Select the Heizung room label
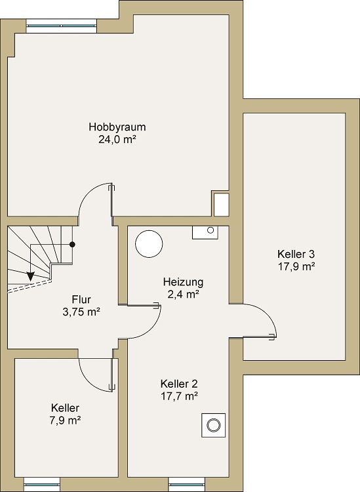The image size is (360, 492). [x=183, y=282]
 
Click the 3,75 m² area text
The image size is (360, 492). [x=81, y=312]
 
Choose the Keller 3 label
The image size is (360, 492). [x=296, y=254]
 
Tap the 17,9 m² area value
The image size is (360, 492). [x=296, y=266]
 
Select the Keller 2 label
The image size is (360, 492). [x=179, y=384]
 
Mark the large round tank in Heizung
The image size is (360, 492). [x=149, y=244]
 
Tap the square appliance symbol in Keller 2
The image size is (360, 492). [x=212, y=425]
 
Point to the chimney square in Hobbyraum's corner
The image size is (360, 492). [x=221, y=203]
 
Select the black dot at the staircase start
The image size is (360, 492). [x=73, y=244]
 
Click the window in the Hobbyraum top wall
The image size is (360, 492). [x=61, y=28]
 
